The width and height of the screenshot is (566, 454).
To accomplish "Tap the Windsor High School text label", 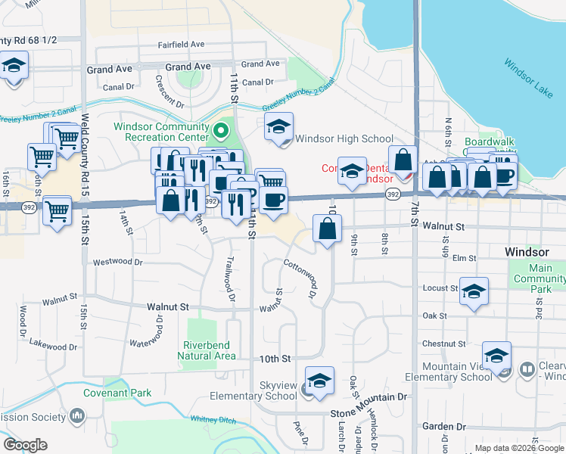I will pyautogui.click(x=344, y=138).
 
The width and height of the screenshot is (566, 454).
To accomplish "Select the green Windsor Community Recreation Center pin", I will pyautogui.click(x=220, y=132).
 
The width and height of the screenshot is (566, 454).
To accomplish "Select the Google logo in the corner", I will pyautogui.click(x=25, y=444).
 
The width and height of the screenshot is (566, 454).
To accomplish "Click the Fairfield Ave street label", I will pyautogui.click(x=181, y=45).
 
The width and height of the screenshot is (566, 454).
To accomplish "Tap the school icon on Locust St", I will pyautogui.click(x=474, y=292).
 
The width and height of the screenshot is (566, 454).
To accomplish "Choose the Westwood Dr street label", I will pyautogui.click(x=117, y=263).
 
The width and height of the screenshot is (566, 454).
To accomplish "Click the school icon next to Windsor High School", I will pyautogui.click(x=278, y=128).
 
